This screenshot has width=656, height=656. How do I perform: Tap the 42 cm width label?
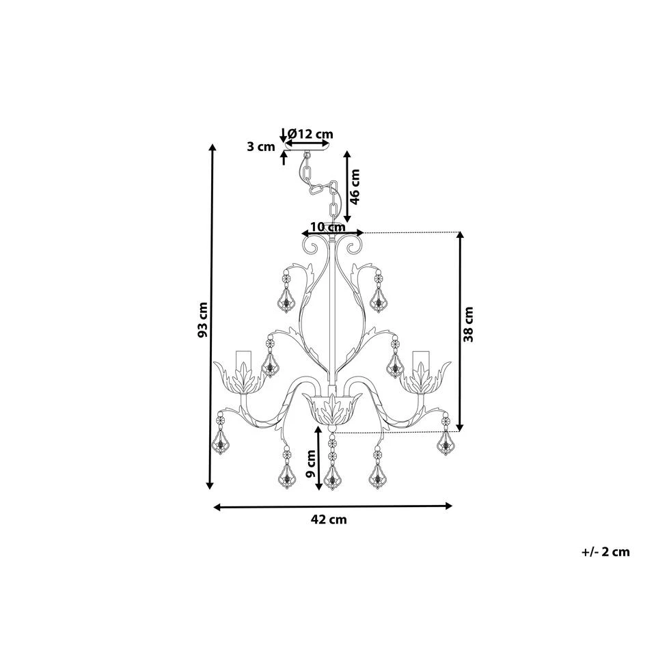pyautogui.click(x=329, y=519)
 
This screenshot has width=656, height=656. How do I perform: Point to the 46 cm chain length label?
pyautogui.click(x=355, y=187)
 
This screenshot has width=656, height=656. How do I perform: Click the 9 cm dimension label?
pyautogui.click(x=311, y=463)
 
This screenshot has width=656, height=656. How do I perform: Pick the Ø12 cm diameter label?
pyautogui.click(x=310, y=134)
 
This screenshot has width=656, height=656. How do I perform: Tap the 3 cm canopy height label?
pyautogui.click(x=260, y=147)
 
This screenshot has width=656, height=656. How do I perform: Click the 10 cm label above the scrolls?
pyautogui.click(x=328, y=227)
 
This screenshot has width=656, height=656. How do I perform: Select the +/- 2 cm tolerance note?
pyautogui.click(x=605, y=552)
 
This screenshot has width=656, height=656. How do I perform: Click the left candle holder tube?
pyautogui.click(x=243, y=363)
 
